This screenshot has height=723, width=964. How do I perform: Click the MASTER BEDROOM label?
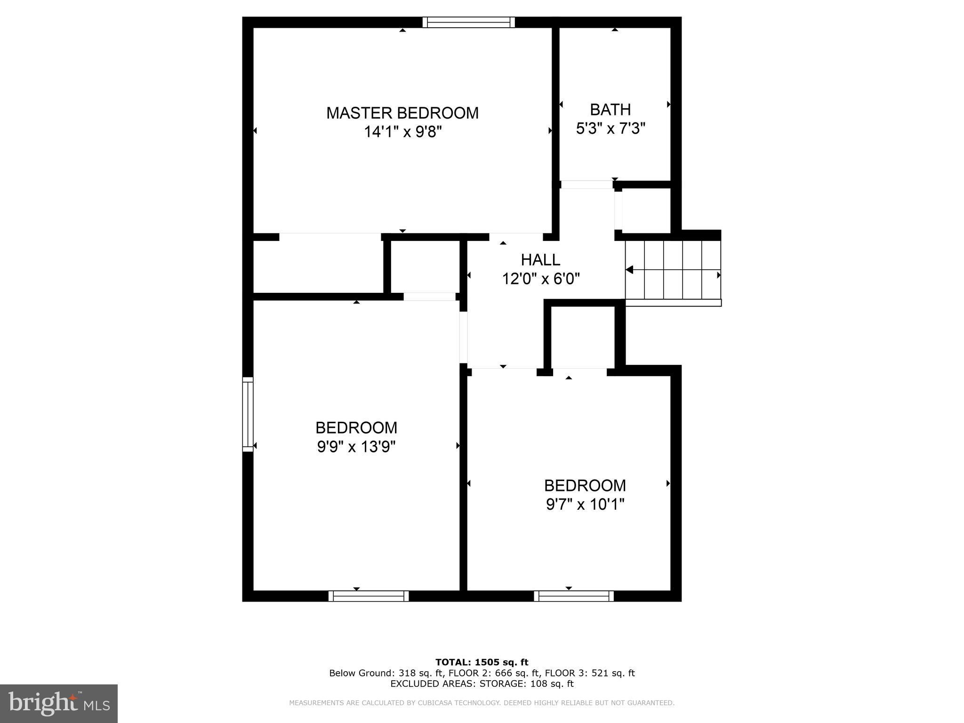(x=402, y=113)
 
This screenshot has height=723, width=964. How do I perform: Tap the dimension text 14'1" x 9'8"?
(x=402, y=132)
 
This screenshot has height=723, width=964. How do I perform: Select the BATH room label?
(x=610, y=110)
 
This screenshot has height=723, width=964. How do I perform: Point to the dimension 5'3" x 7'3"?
(x=610, y=128)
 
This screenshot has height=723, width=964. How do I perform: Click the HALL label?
(x=540, y=260)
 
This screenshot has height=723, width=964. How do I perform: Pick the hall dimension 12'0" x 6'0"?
(x=540, y=279)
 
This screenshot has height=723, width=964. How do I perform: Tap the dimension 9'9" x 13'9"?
(x=356, y=446)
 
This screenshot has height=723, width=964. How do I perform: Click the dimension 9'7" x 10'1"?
(x=585, y=504)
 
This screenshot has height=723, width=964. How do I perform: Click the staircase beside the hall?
(x=673, y=270)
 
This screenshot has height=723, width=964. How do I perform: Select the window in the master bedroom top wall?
(x=468, y=22)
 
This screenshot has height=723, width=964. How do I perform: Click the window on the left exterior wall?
(x=248, y=414)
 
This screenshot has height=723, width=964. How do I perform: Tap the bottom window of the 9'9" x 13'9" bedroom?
(x=369, y=596)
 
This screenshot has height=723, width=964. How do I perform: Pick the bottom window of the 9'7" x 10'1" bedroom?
(x=574, y=596)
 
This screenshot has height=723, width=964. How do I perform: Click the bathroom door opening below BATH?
(x=586, y=185)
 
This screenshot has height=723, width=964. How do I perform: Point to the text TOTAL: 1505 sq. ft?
(x=482, y=662)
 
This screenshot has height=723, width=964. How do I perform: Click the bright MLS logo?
(x=59, y=703)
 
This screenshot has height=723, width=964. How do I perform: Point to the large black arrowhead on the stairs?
(x=629, y=270)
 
